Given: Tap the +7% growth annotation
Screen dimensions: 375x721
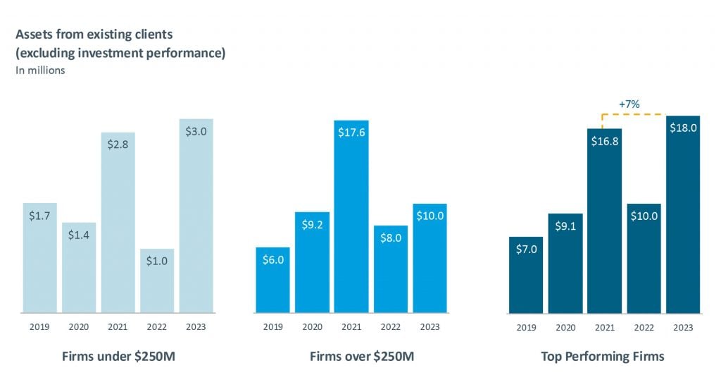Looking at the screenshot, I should (x=629, y=104).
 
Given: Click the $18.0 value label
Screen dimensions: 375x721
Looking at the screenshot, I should (x=683, y=128).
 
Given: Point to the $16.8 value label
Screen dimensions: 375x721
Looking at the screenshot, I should (x=604, y=141).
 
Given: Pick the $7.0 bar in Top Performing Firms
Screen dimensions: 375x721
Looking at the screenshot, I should (x=526, y=275).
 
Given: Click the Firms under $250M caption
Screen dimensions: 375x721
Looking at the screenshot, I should (x=117, y=356).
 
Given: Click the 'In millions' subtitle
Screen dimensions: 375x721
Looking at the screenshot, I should (x=40, y=70).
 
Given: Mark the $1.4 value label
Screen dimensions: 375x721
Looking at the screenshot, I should (x=79, y=235).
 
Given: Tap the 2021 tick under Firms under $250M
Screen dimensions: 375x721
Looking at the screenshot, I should (x=118, y=327).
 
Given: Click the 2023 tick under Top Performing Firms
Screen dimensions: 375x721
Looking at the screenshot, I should (x=683, y=327).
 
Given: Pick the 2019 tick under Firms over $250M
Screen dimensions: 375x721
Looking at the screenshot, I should (x=272, y=327).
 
